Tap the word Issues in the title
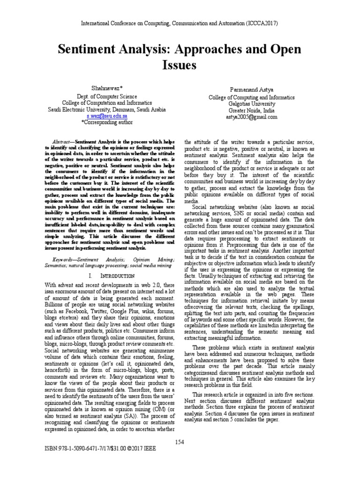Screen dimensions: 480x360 pyautogui.click(x=179, y=65)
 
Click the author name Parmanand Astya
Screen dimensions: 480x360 pyautogui.click(x=252, y=89)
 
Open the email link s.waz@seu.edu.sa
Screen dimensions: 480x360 pyautogui.click(x=107, y=115)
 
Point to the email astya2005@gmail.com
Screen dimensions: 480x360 pyautogui.click(x=252, y=117)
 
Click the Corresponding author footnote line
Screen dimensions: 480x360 pyautogui.click(x=107, y=122)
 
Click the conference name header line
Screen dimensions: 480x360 pyautogui.click(x=180, y=23)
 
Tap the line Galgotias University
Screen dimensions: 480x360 pyautogui.click(x=252, y=104)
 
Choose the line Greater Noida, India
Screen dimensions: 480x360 pyautogui.click(x=252, y=111)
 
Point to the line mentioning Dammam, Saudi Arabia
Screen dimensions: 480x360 pyautogui.click(x=107, y=109)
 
